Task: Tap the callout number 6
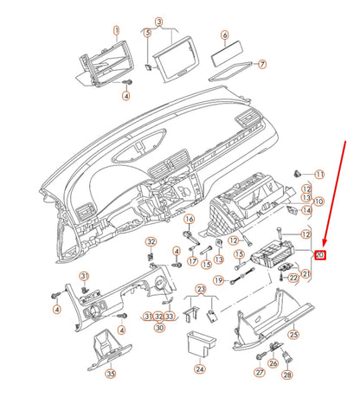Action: [x=224, y=35]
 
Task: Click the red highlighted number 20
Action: [x=319, y=255]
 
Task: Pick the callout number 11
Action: [x=318, y=175]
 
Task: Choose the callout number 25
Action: [x=293, y=335]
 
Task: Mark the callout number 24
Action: [x=200, y=368]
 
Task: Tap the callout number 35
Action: [x=110, y=374]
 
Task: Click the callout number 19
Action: [x=220, y=280]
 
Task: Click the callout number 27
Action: [x=258, y=373]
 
